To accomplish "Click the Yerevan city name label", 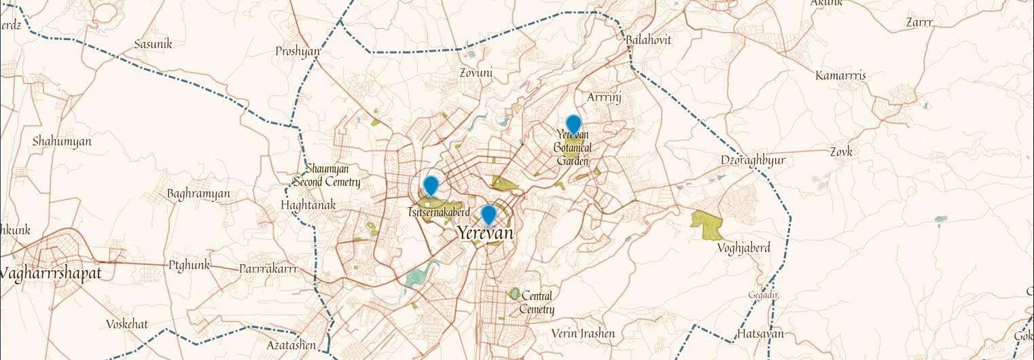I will [x=484, y=233].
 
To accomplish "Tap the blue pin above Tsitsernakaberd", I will [x=430, y=185].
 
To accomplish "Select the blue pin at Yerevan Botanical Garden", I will [x=573, y=125].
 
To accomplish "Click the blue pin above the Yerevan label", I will [x=488, y=215].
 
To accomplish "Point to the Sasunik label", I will [x=153, y=44].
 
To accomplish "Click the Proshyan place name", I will [x=298, y=52].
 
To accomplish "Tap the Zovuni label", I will [x=476, y=71].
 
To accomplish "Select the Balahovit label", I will [x=648, y=40].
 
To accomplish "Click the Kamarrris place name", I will [x=840, y=75].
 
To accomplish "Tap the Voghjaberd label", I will [x=744, y=248].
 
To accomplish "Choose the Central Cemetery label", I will [x=537, y=303].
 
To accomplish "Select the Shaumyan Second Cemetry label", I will [x=327, y=175].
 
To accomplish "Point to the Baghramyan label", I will [x=198, y=194].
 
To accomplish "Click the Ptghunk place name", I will [x=190, y=265].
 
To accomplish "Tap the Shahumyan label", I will [x=62, y=141].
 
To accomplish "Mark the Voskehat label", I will [x=127, y=324].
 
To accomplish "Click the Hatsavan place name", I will [x=760, y=334].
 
